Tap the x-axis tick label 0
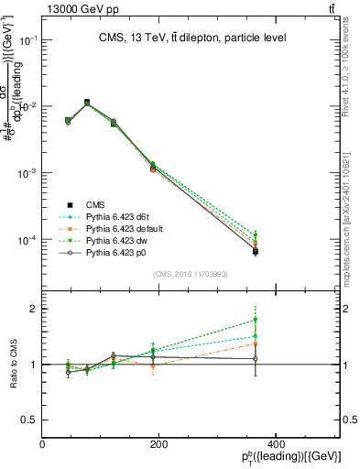[x=42, y=445]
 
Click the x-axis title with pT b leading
[x=291, y=458]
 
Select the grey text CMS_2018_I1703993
[x=191, y=273]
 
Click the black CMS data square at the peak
[x=87, y=103]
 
